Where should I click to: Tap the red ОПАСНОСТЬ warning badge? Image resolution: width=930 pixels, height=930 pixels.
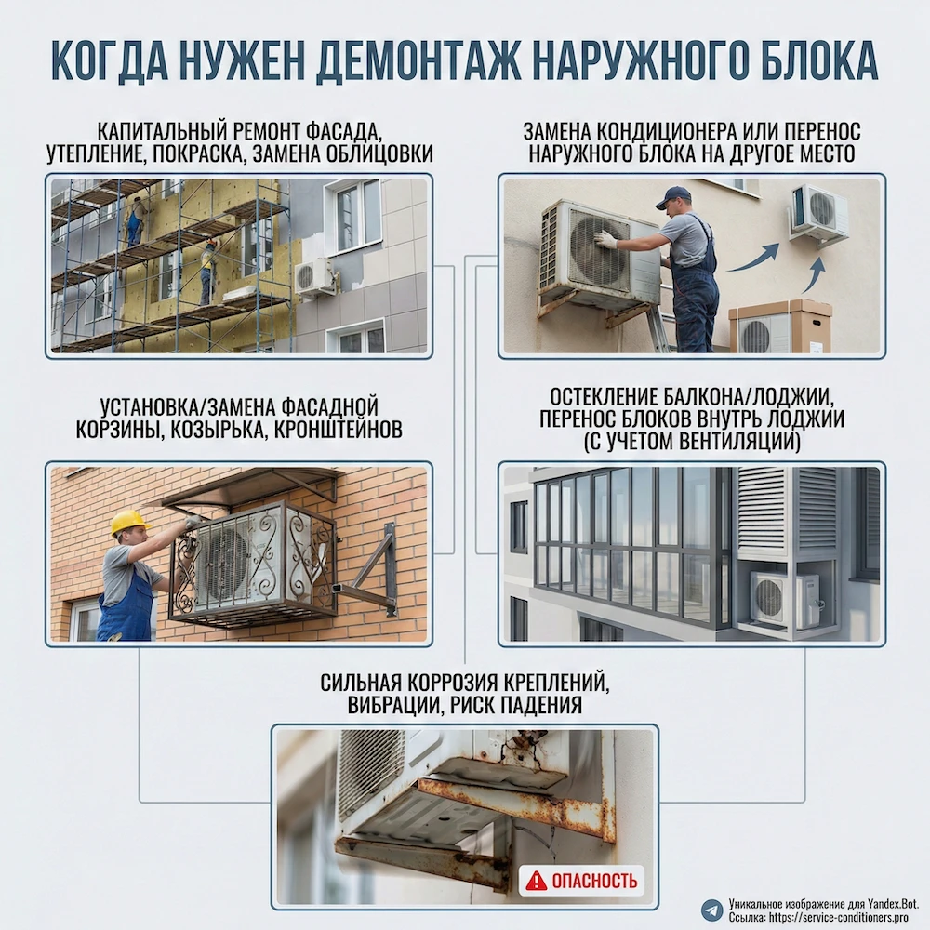point(582,880)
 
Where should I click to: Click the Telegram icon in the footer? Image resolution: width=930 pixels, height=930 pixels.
point(712,909)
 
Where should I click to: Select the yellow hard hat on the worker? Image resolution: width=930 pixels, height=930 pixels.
point(129,522)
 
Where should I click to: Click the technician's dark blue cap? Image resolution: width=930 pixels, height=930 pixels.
point(672,196)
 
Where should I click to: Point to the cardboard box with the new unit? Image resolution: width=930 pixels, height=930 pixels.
point(779,326)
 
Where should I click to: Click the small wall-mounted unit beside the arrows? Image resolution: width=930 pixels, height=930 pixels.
point(818,213)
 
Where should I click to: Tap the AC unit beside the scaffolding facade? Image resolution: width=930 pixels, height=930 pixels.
point(314,276)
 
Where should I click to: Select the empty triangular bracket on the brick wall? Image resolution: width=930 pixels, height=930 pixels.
point(371,574)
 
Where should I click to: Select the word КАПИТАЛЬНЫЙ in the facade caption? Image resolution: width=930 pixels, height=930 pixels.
point(158,130)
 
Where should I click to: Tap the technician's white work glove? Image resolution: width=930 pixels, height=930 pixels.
point(605,240)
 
